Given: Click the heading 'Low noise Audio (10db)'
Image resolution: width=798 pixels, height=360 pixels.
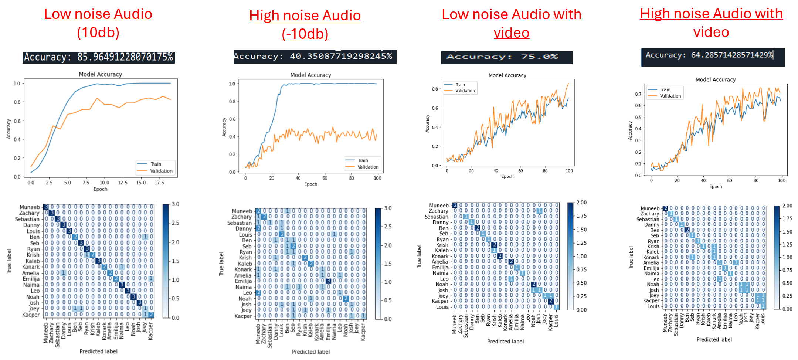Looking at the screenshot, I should pyautogui.click(x=98, y=23).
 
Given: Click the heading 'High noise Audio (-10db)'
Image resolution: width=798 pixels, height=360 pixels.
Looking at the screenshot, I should pyautogui.click(x=305, y=24).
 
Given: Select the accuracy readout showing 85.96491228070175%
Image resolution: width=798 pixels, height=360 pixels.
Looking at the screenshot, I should pyautogui.click(x=98, y=57).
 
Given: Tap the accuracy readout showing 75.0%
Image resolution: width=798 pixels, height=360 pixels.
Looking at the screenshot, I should pyautogui.click(x=506, y=57).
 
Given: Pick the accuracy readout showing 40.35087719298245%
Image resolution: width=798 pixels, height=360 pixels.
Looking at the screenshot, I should pyautogui.click(x=315, y=57).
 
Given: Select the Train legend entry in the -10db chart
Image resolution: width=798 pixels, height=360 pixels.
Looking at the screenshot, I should pyautogui.click(x=363, y=160).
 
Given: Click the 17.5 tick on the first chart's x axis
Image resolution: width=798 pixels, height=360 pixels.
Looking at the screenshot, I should pyautogui.click(x=159, y=183).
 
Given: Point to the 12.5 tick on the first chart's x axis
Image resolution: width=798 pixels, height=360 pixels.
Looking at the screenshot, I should pyautogui.click(x=122, y=183).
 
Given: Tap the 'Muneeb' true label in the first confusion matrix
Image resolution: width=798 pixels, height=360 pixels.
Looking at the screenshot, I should pyautogui.click(x=30, y=207).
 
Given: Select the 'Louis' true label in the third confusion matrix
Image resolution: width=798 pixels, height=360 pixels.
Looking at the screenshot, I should pyautogui.click(x=442, y=307).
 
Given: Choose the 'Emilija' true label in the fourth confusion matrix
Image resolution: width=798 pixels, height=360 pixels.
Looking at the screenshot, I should pyautogui.click(x=651, y=268).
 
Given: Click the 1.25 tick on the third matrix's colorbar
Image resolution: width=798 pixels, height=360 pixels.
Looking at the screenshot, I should pyautogui.click(x=582, y=243).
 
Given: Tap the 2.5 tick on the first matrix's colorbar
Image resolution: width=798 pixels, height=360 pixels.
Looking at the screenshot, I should pyautogui.click(x=175, y=223).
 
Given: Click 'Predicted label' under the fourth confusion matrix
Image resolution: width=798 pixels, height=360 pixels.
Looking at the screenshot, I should pyautogui.click(x=714, y=339).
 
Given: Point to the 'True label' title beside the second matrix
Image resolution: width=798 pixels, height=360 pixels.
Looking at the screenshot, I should pyautogui.click(x=221, y=264).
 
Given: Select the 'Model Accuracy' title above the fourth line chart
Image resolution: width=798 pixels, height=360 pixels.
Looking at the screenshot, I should pyautogui.click(x=716, y=79).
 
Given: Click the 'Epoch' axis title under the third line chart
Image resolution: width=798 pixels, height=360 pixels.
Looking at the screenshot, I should pyautogui.click(x=507, y=176).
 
